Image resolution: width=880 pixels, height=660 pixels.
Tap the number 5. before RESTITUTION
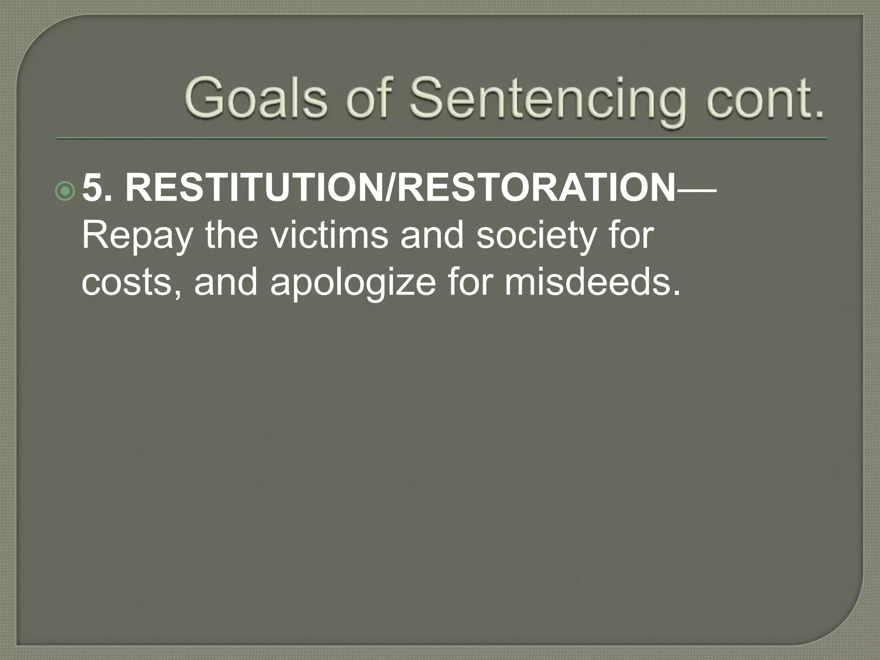(x=97, y=189)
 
